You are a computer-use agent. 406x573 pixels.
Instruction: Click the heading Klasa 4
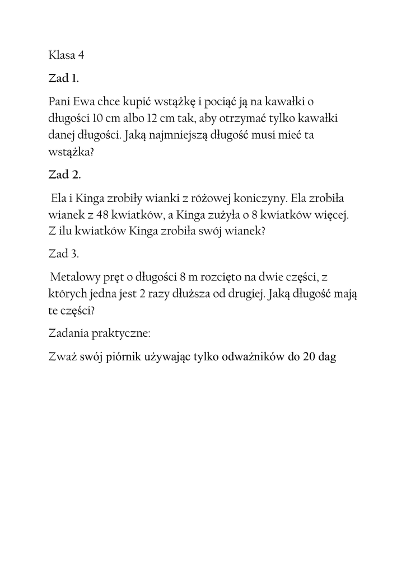(67, 55)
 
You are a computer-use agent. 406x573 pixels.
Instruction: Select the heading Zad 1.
(64, 78)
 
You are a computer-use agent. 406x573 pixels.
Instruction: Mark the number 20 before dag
(310, 356)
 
